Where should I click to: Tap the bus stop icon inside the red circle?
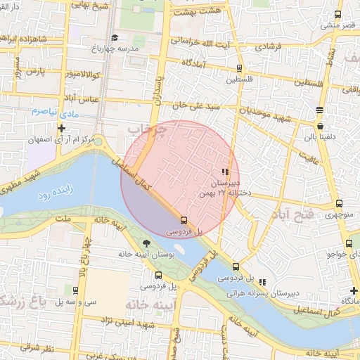[184, 219]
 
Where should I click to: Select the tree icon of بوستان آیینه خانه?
[146, 243]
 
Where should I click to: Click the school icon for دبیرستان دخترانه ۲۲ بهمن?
[224, 172]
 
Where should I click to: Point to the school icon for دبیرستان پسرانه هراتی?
[263, 281]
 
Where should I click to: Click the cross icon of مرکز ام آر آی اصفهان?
[62, 128]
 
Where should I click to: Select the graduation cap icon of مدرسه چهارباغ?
[115, 37]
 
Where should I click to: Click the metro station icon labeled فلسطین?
[239, 69]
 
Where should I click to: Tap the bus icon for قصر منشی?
[337, 14]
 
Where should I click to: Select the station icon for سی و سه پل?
[75, 290]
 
